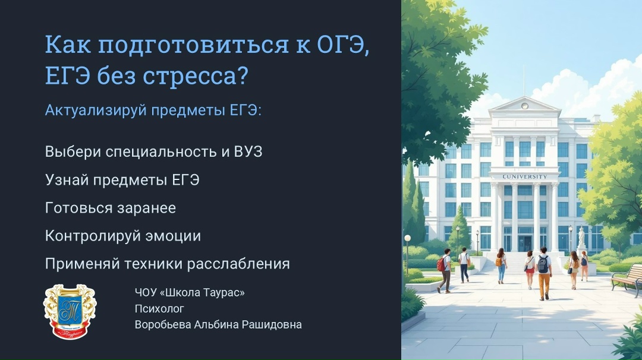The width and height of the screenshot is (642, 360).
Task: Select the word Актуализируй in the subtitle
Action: tap(96, 110)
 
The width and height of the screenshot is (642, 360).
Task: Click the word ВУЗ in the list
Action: tap(248, 151)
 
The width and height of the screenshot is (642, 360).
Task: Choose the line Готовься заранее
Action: tap(111, 208)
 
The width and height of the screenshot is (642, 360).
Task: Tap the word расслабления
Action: tap(238, 264)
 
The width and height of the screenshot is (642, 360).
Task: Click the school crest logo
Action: tap(70, 312)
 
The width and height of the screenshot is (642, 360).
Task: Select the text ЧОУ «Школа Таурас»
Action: tap(190, 292)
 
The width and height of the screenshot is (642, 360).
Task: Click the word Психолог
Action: tap(159, 308)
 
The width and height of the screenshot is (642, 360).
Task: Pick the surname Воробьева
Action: tap(162, 324)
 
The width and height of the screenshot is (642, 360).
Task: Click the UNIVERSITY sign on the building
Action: tap(524, 176)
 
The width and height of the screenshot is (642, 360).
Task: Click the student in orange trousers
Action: tap(544, 273)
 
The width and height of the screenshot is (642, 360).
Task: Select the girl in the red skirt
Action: tap(530, 269)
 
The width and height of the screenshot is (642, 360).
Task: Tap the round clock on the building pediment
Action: tap(524, 106)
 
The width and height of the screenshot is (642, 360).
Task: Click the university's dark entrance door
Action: tap(524, 244)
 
